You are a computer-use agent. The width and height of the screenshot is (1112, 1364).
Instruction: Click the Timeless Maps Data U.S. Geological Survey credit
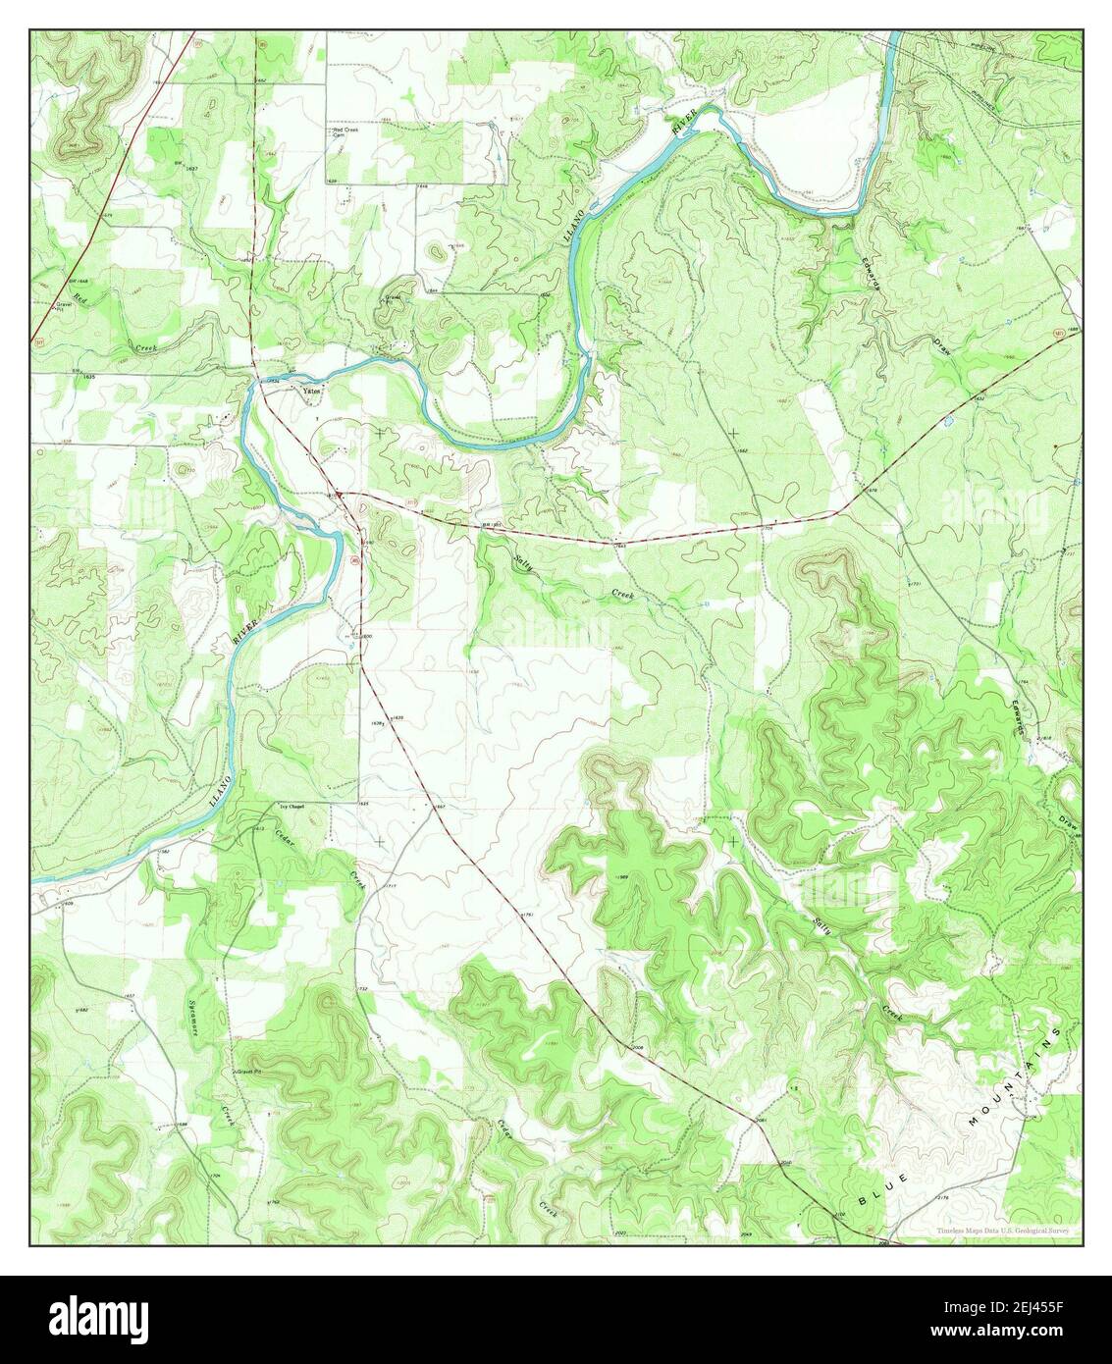tap(1002, 1231)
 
